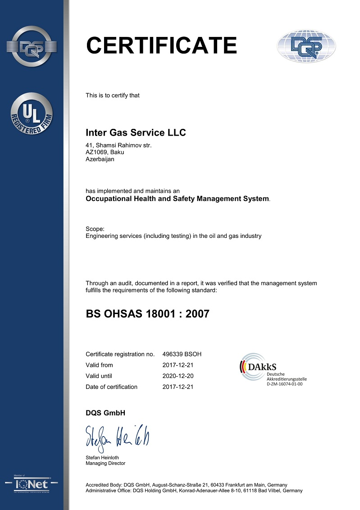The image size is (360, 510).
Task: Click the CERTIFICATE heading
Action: tap(161, 45)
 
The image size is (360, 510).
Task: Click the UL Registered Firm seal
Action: tap(32, 114)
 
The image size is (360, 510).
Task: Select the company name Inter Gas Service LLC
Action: tap(136, 133)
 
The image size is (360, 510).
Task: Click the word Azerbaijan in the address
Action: tap(100, 159)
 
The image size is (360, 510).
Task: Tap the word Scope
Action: tap(95, 229)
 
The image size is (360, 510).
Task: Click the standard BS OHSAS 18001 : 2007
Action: tap(147, 314)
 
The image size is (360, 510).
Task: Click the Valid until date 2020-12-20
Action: tap(178, 376)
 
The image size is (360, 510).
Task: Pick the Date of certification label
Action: tap(111, 387)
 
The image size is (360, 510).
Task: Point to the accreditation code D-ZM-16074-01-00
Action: tap(284, 383)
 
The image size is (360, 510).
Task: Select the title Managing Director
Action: tap(105, 463)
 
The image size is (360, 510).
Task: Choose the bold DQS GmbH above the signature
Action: tap(105, 413)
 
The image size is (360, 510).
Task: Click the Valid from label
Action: tap(99, 365)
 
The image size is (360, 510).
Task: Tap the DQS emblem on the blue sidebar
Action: tap(32, 46)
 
